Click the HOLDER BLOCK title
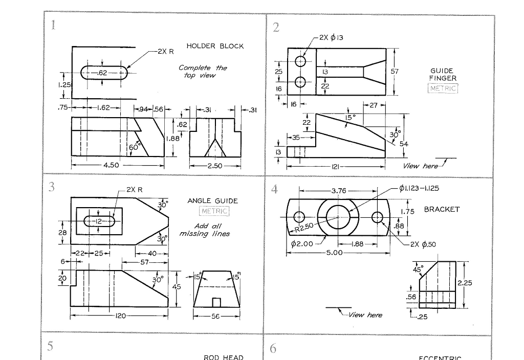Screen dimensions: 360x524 coord(215,46)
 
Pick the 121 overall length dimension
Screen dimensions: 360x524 coord(336,167)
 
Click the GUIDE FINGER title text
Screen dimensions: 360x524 coord(443,75)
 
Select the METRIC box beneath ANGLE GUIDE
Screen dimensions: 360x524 coord(213,211)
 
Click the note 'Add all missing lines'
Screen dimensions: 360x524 coord(204,230)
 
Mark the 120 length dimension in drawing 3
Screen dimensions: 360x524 coord(120,317)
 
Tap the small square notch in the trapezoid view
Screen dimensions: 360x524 coord(216,302)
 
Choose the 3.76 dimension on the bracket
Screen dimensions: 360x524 coord(338,191)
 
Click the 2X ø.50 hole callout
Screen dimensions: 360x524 coord(423,244)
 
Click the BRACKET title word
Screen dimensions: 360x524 coord(442,209)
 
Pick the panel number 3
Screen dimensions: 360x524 coord(51,187)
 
